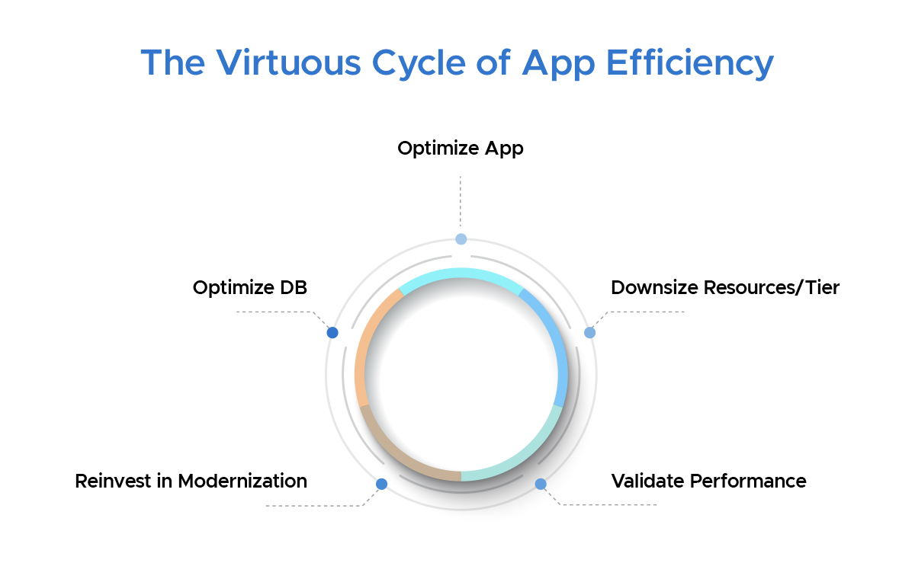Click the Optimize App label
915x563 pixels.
(x=461, y=148)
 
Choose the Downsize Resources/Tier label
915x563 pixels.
(x=724, y=288)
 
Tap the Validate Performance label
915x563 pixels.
(x=708, y=481)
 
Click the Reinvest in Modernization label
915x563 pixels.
(x=191, y=481)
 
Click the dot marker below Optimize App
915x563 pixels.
(x=461, y=239)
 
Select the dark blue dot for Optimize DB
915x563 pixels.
(x=332, y=333)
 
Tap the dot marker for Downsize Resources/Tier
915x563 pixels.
(x=589, y=333)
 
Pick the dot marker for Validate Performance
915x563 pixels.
(x=541, y=484)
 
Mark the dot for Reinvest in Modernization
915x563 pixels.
(x=381, y=484)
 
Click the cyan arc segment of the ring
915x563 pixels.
(x=461, y=274)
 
